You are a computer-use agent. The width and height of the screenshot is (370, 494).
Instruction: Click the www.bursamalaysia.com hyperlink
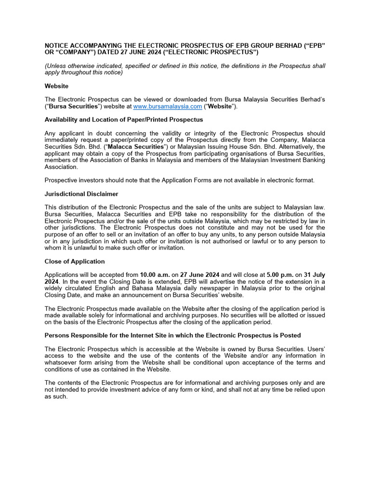tap(167, 106)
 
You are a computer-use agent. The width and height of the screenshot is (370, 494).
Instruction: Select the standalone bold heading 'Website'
tap(56, 86)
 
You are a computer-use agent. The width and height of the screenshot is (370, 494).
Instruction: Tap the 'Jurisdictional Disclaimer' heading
tap(81, 194)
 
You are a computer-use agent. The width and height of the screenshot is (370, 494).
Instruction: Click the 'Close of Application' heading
tap(74, 261)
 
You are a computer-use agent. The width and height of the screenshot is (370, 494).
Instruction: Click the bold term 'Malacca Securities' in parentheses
tap(135, 147)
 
